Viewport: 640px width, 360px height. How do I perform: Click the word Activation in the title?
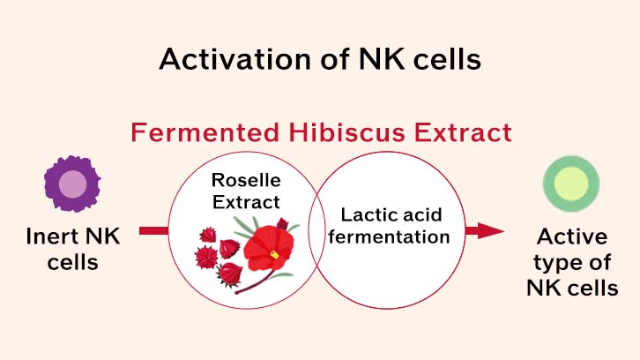click(x=235, y=59)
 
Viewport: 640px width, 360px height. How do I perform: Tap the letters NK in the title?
click(x=382, y=59)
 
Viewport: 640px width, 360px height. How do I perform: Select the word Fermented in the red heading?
click(x=205, y=132)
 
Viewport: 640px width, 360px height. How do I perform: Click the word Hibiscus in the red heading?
click(x=347, y=132)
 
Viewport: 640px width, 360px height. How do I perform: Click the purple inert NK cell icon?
click(x=72, y=184)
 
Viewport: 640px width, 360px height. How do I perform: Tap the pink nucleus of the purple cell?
click(x=72, y=184)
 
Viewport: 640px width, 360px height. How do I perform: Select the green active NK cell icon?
click(x=571, y=184)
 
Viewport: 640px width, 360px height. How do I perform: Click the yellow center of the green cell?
click(x=571, y=184)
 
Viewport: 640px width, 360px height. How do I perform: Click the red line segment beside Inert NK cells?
click(x=153, y=231)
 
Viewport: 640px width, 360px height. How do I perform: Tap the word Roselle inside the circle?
click(x=246, y=180)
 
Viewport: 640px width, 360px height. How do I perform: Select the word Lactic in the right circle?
click(x=365, y=215)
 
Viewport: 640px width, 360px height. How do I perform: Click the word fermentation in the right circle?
click(x=389, y=236)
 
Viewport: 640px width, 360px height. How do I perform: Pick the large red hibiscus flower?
click(x=270, y=248)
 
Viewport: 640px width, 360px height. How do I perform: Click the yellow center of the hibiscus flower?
click(x=275, y=255)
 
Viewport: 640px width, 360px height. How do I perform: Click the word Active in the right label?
click(x=572, y=236)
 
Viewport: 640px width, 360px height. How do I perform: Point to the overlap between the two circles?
click(x=316, y=230)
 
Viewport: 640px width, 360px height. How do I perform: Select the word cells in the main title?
click(x=447, y=59)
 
